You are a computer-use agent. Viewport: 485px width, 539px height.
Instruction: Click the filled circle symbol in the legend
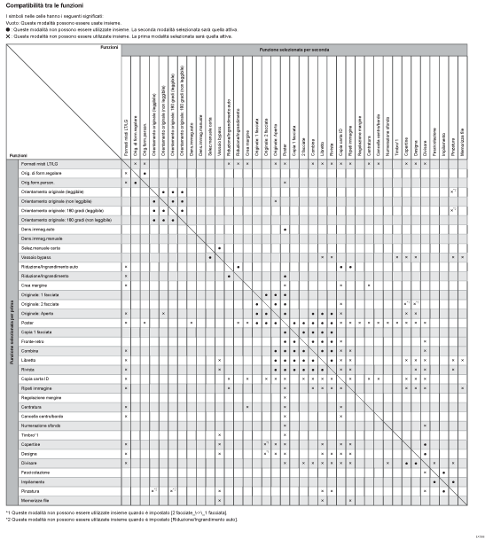tap(7, 28)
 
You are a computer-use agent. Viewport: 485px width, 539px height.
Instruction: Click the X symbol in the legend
tap(7, 34)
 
